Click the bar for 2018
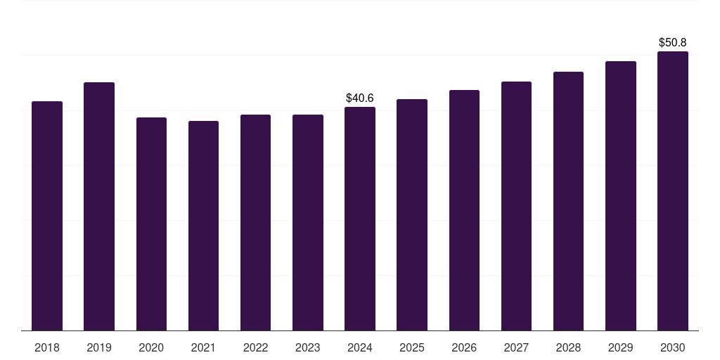pyautogui.click(x=47, y=216)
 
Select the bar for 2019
pyautogui.click(x=99, y=206)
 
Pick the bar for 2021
pyautogui.click(x=203, y=226)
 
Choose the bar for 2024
pyautogui.click(x=360, y=219)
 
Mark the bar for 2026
pyautogui.click(x=464, y=210)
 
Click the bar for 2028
pyautogui.click(x=568, y=201)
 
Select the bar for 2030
pyautogui.click(x=673, y=191)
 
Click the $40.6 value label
pyautogui.click(x=360, y=98)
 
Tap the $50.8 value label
pyautogui.click(x=673, y=43)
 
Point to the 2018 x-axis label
pyautogui.click(x=47, y=347)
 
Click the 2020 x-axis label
pyautogui.click(x=151, y=347)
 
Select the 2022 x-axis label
pyautogui.click(x=255, y=347)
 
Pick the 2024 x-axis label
pyautogui.click(x=360, y=347)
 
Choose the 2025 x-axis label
pyautogui.click(x=412, y=347)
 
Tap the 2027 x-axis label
pyautogui.click(x=516, y=347)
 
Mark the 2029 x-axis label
pyautogui.click(x=620, y=347)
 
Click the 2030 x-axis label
pyautogui.click(x=673, y=347)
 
